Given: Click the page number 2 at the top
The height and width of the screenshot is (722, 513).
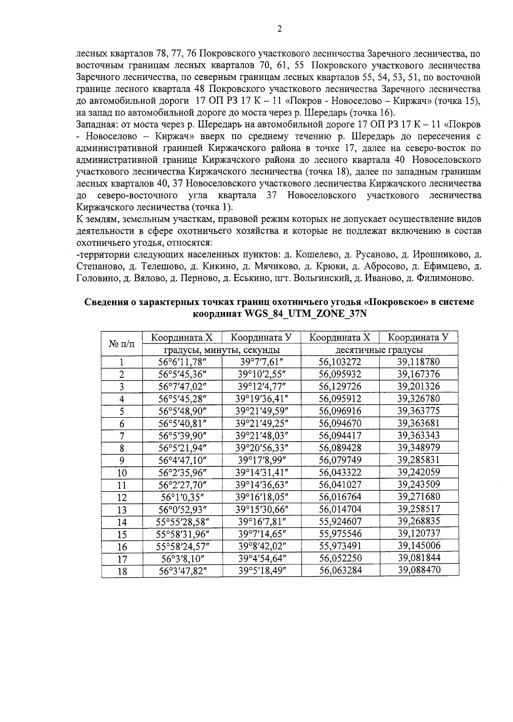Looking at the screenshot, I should click(x=280, y=29).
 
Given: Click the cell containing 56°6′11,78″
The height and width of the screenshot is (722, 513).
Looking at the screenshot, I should click(x=182, y=362).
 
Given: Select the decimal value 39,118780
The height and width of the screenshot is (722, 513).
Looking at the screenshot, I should click(x=418, y=362).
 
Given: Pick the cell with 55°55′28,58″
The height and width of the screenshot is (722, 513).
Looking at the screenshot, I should click(x=182, y=522).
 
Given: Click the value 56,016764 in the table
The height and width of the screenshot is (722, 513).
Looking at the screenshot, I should click(x=340, y=497).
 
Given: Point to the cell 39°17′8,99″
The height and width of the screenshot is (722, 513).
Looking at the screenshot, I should click(x=262, y=460).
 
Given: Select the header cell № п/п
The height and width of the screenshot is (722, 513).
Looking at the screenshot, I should click(x=122, y=343).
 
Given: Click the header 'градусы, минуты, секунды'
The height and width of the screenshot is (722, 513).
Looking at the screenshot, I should click(x=222, y=350).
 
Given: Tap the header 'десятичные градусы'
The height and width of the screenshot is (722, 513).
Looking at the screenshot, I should click(x=379, y=350).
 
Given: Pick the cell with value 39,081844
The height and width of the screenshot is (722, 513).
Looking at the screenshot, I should click(x=418, y=558).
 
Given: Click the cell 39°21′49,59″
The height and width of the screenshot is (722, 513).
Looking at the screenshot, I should click(x=262, y=411).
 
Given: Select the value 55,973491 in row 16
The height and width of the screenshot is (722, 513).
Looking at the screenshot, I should click(x=340, y=546).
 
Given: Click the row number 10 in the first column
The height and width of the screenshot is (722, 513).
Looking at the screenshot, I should click(x=122, y=473).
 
